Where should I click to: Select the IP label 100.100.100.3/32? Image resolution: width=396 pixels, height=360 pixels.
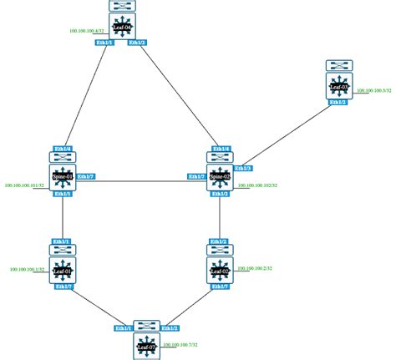373,90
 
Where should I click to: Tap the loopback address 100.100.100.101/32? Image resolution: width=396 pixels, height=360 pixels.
24,185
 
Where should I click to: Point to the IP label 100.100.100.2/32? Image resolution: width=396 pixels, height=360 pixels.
258,269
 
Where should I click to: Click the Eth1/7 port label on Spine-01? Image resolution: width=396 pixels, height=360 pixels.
85,176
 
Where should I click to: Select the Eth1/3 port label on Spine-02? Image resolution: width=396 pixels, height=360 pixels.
245,169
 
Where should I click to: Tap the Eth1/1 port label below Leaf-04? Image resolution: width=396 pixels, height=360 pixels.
104,43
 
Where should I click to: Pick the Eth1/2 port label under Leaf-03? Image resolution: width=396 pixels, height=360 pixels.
338,102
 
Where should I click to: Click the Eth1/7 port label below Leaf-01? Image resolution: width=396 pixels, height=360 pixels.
63,286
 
